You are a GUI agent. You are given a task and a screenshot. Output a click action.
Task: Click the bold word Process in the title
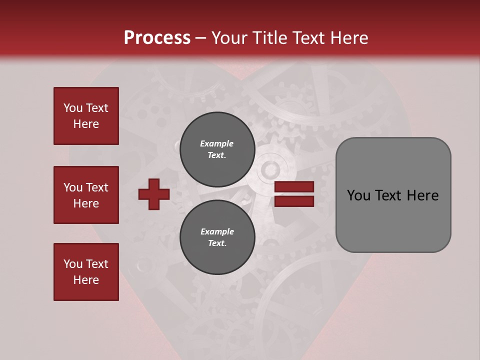pos(157,37)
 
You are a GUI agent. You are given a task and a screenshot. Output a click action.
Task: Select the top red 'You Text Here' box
pos(86,116)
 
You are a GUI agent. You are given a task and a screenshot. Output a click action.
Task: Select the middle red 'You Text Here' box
pos(86,195)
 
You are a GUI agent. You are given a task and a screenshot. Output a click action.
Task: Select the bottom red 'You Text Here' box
pos(86,272)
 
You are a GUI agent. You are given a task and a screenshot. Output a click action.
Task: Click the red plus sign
pos(154,194)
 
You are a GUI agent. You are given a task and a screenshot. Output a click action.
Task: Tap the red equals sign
pos(294,194)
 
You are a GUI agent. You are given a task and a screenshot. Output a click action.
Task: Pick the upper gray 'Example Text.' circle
pos(217,149)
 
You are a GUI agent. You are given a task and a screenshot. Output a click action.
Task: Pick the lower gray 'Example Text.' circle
pos(217,237)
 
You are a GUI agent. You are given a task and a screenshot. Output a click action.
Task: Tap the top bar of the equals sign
pos(294,187)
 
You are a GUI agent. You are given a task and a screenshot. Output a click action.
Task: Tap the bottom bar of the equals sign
pos(294,201)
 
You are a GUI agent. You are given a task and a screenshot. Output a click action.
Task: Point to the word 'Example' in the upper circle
pos(217,143)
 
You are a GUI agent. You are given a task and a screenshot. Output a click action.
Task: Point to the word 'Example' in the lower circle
pos(217,231)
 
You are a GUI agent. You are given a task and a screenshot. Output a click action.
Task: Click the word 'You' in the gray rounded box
pos(358,195)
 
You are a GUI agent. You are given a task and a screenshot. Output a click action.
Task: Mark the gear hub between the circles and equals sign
pos(270,170)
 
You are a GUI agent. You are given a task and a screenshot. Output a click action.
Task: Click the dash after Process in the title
pos(200,38)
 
